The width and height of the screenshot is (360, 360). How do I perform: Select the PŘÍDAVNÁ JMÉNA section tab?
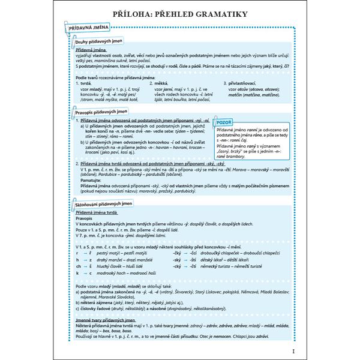click(88, 28)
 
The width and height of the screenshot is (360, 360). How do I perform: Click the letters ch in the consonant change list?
click(79, 265)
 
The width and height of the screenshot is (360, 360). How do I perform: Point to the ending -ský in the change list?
click(178, 259)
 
